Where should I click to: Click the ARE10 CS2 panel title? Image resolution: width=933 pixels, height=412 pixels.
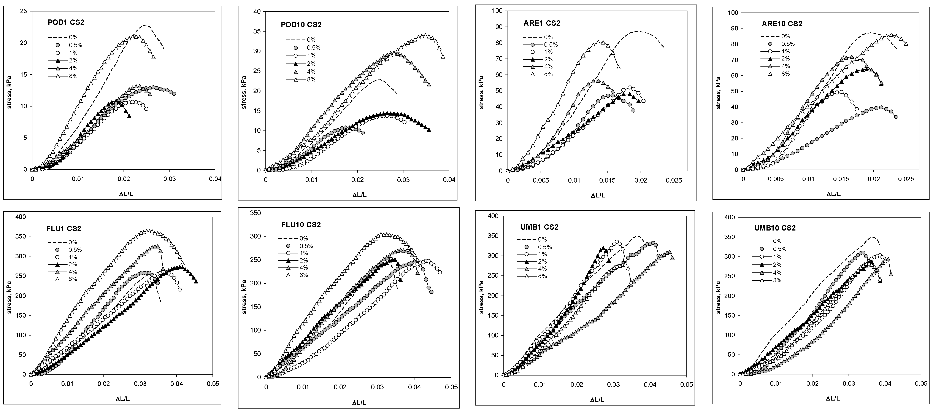pyautogui.click(x=782, y=24)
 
